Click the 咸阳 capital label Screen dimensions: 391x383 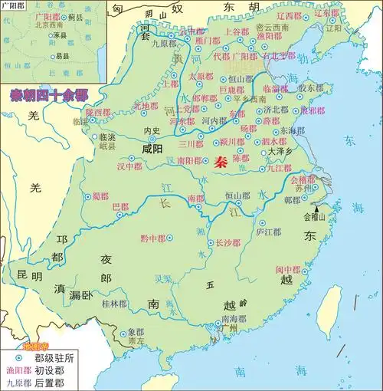click(152, 149)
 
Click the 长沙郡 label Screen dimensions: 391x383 click(228, 243)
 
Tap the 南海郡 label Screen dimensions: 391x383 click(234, 318)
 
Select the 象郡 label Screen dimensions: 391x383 click(136, 333)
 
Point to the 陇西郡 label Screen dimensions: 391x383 click(100, 112)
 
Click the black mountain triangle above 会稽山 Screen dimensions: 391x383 click(317, 208)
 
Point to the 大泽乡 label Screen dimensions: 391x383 click(280, 153)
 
